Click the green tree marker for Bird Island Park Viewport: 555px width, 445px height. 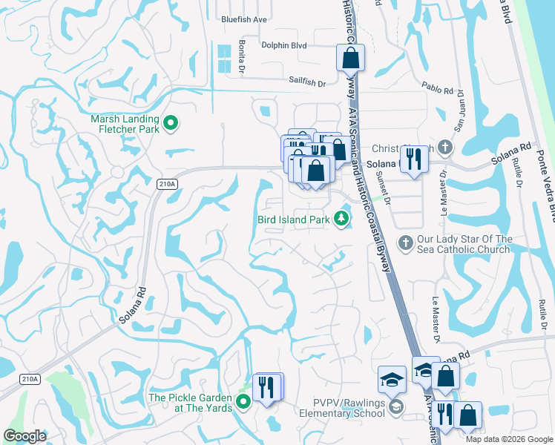pyautogui.click(x=341, y=219)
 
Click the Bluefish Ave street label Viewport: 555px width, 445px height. pyautogui.click(x=244, y=19)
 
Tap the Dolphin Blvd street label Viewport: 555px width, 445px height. pyautogui.click(x=284, y=44)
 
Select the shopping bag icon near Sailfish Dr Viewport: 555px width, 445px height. pyautogui.click(x=350, y=57)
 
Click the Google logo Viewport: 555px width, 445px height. pyautogui.click(x=25, y=437)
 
